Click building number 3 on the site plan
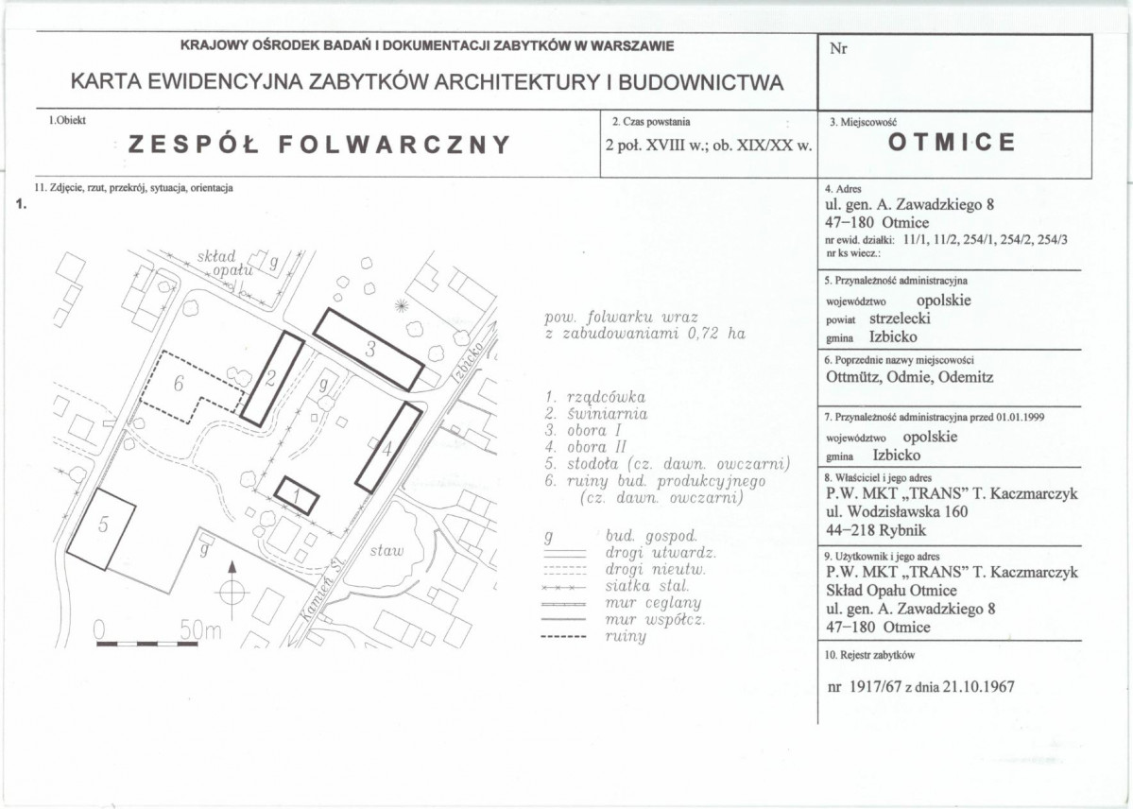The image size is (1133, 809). (369, 349)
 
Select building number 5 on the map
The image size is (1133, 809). (100, 530)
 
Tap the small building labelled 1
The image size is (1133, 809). (297, 496)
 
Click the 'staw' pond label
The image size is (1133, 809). (386, 551)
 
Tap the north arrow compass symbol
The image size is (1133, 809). (232, 593)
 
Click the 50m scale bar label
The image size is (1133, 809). (200, 631)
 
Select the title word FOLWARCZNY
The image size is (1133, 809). (395, 145)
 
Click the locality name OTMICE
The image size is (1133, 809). (953, 143)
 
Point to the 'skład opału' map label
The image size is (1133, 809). (225, 264)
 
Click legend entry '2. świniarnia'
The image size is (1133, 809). (596, 414)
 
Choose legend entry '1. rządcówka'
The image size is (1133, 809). (595, 398)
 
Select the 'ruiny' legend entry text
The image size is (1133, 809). (625, 637)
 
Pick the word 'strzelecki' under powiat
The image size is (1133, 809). (900, 318)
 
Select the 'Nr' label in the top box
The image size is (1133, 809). (838, 49)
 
